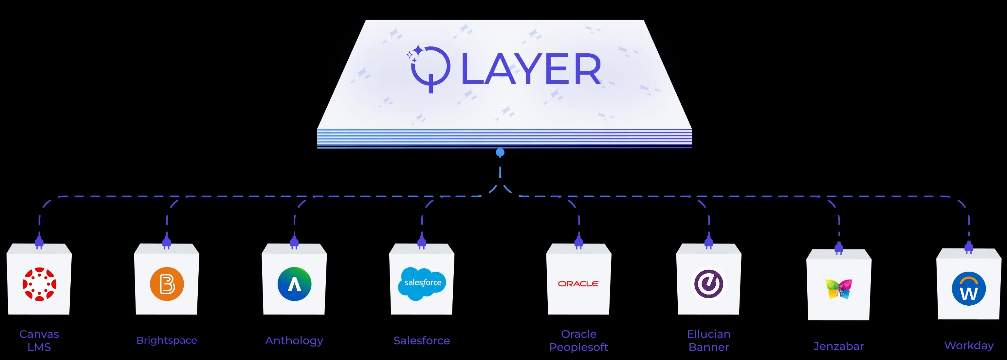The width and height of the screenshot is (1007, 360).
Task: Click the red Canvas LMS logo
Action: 39,284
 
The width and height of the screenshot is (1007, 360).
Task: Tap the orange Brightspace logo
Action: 167,284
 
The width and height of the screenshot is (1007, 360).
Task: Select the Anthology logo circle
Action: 294,284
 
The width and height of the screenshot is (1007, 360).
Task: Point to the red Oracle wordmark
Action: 578,284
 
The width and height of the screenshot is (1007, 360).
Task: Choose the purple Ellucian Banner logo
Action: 709,284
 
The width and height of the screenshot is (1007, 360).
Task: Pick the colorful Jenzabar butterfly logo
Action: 838,289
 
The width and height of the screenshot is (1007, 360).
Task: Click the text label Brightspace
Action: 167,340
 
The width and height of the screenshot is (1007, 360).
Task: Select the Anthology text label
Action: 294,341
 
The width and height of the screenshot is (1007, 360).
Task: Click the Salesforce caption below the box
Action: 421,341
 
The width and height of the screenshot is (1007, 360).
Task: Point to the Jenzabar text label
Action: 838,346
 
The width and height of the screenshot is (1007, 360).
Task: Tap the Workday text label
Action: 969,346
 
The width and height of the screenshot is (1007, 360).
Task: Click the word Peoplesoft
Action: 578,347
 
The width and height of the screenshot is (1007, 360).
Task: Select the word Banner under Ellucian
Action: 709,347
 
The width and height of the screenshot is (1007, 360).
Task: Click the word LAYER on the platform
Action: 531,69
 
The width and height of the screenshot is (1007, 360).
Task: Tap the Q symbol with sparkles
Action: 429,68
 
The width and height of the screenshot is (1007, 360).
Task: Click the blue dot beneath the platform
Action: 500,153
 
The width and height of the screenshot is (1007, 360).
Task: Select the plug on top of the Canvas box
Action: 39,241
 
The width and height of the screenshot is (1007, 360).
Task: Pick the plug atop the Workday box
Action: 969,247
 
